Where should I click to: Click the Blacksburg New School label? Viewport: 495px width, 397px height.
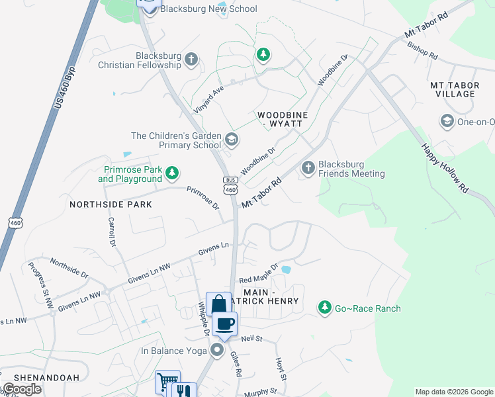[x=208, y=9]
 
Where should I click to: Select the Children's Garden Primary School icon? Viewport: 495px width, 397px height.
[x=232, y=140]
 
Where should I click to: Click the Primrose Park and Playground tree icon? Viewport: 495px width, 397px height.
[x=172, y=173]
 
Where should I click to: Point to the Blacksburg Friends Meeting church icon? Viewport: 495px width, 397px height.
[x=308, y=169]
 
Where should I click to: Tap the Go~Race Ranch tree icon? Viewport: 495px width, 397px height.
[x=324, y=308]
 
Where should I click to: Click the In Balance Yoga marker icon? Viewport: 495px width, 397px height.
[x=217, y=350]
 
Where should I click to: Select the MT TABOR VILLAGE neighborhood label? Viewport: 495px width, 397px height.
[x=453, y=89]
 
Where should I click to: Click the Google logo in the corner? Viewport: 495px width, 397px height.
[x=22, y=389]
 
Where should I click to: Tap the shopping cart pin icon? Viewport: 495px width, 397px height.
[x=167, y=382]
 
